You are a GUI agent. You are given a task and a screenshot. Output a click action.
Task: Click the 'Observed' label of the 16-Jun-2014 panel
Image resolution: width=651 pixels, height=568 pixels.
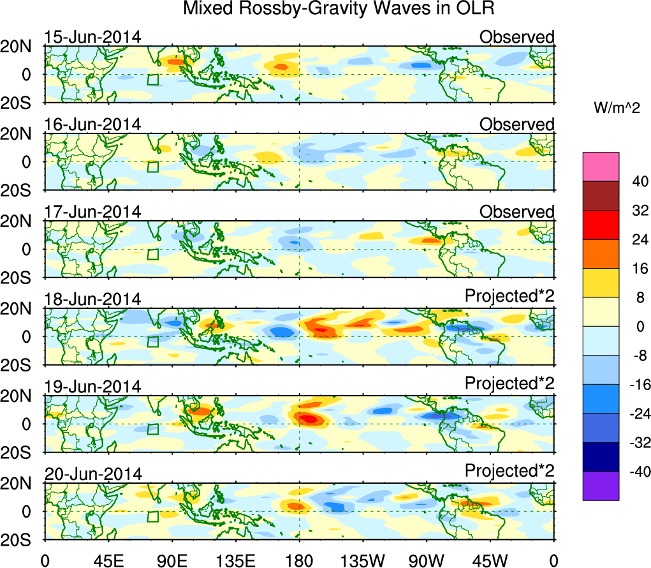pyautogui.click(x=516, y=124)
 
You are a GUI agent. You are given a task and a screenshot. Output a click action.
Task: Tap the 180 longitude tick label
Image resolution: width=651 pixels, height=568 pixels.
pyautogui.click(x=299, y=561)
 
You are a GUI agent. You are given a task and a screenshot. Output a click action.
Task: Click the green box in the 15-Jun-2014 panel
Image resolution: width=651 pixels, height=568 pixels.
pyautogui.click(x=153, y=80)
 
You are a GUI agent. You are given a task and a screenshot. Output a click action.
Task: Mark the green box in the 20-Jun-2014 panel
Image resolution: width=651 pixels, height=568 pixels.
pyautogui.click(x=153, y=517)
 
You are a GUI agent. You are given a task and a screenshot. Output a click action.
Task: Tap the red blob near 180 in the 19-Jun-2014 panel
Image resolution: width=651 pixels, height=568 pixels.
pyautogui.click(x=308, y=419)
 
